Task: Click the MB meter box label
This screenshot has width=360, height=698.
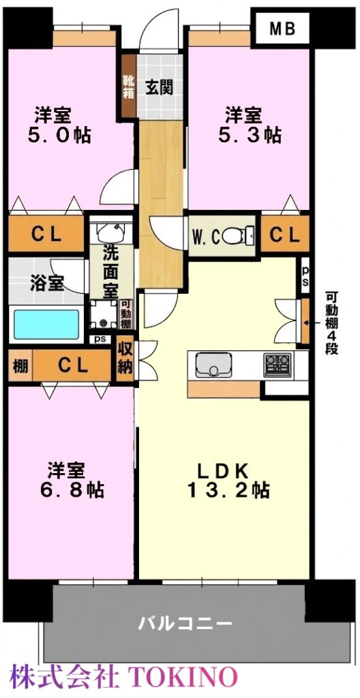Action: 282,29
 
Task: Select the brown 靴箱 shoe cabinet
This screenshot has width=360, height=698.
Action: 128,86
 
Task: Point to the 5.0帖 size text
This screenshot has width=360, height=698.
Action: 59,136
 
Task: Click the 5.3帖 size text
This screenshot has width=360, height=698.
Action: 250,135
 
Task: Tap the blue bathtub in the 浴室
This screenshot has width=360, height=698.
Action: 46,324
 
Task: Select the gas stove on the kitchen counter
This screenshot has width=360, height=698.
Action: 277,365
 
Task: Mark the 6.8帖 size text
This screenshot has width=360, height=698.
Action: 72,490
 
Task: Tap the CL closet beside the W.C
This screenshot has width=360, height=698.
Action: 284,234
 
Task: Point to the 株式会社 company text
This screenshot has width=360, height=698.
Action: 65,678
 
